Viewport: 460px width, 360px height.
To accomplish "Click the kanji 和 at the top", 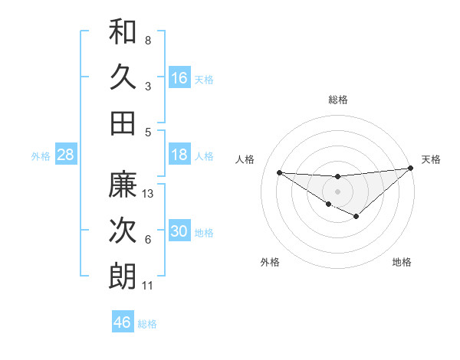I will pyautogui.click(x=123, y=32).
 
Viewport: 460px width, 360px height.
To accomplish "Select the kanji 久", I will pyautogui.click(x=123, y=77).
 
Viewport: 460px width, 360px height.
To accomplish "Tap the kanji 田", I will pyautogui.click(x=123, y=123).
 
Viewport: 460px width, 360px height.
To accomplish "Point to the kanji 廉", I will pyautogui.click(x=123, y=185).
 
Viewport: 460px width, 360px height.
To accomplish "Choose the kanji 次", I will pyautogui.click(x=123, y=231).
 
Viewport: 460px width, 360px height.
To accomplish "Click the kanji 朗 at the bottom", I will pyautogui.click(x=123, y=277).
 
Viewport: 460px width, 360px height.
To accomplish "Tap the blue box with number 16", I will pyautogui.click(x=179, y=78).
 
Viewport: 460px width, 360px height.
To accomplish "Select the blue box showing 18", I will pyautogui.click(x=179, y=155).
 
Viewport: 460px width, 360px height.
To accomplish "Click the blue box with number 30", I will pyautogui.click(x=179, y=231).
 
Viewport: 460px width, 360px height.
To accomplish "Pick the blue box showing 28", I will pyautogui.click(x=65, y=155).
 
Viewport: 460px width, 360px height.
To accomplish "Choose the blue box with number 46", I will pyautogui.click(x=122, y=322).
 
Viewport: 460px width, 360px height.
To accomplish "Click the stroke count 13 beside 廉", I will pyautogui.click(x=149, y=194).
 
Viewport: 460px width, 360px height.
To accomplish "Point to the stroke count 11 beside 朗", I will pyautogui.click(x=148, y=286).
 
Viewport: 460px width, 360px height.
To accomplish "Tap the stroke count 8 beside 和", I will pyautogui.click(x=148, y=41).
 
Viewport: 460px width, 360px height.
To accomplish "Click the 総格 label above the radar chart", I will pyautogui.click(x=337, y=100).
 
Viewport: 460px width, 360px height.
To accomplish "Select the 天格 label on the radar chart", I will pyautogui.click(x=431, y=159).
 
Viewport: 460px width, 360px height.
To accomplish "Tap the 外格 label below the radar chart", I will pyautogui.click(x=270, y=262).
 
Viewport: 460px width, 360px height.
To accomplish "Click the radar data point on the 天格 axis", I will pyautogui.click(x=410, y=168).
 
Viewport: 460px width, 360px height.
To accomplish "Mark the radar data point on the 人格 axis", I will pyautogui.click(x=279, y=172).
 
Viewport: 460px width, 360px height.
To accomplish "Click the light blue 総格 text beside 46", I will pyautogui.click(x=147, y=324).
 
